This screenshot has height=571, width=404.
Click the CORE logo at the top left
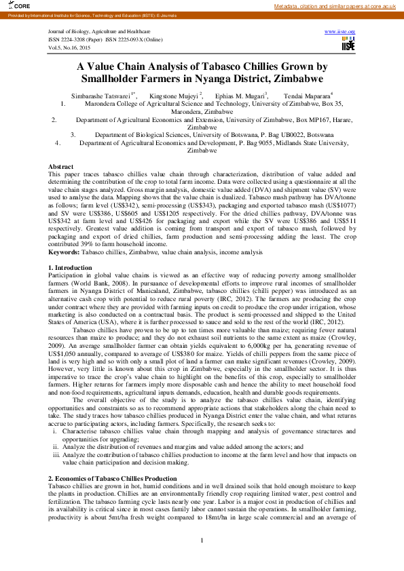coord(12,7)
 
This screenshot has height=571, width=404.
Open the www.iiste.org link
coord(340,32)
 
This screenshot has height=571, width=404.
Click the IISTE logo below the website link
coord(348,44)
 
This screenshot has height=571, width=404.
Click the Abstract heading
coord(61,166)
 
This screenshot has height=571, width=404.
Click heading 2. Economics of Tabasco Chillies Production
coord(113,479)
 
